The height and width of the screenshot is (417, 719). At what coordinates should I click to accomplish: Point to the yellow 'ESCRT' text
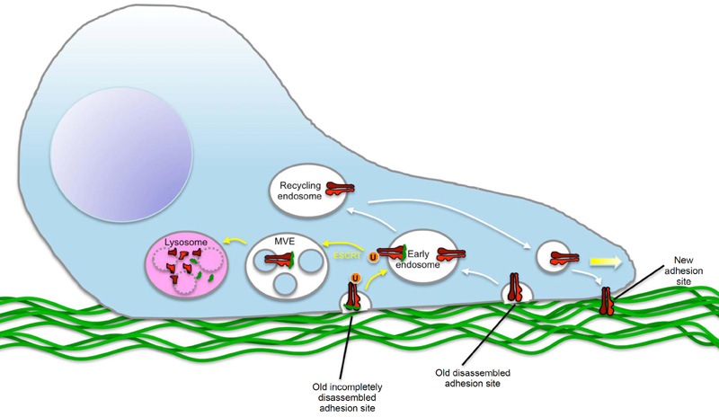click(346, 255)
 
